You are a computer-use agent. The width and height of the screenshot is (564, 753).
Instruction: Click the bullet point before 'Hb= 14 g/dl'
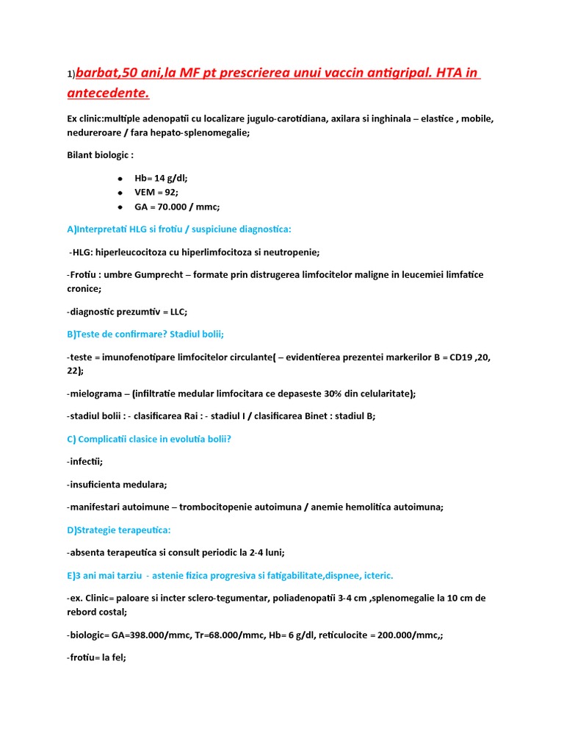pyautogui.click(x=120, y=178)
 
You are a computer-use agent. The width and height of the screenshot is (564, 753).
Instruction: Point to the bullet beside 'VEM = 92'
pyautogui.click(x=120, y=192)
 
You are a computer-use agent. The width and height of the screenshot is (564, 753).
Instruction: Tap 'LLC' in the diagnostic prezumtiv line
pyautogui.click(x=174, y=310)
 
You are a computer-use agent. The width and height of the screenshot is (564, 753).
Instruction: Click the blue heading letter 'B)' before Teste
pyautogui.click(x=71, y=334)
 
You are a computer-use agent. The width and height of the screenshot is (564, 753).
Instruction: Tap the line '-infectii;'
pyautogui.click(x=84, y=461)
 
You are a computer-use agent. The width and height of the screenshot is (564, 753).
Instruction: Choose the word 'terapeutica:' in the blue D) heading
pyautogui.click(x=144, y=529)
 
